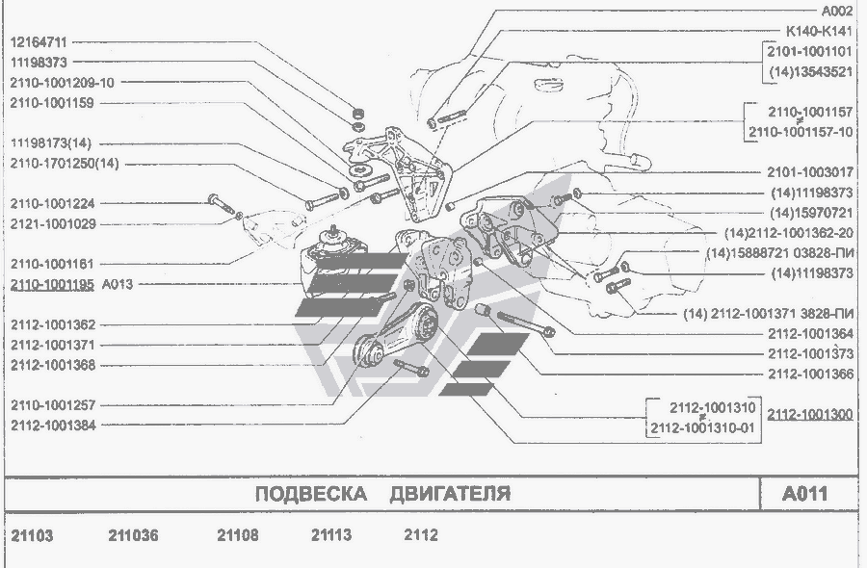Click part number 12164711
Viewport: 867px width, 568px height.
coord(39,42)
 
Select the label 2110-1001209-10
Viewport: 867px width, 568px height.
coord(62,83)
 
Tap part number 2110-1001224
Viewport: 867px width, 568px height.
coord(53,204)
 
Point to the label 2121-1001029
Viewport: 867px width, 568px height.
coord(53,224)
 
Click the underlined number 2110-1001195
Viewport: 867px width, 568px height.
coord(52,285)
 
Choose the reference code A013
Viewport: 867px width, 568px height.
coord(118,285)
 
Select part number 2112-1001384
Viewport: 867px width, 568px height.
coord(53,426)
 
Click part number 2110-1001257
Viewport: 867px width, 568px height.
coord(53,405)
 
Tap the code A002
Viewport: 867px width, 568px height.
coord(837,11)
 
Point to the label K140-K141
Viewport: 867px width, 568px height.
coord(819,31)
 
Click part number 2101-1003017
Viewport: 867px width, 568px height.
coord(810,172)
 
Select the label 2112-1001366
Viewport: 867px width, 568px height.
coord(810,374)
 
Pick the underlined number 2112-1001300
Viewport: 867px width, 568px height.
coord(810,414)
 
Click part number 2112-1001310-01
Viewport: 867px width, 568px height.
coord(702,428)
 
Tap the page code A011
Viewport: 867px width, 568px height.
coord(805,494)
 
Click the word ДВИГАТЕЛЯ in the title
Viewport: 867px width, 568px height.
coord(450,494)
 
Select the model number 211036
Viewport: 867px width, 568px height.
coord(133,535)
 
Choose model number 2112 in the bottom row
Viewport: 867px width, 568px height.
coord(421,535)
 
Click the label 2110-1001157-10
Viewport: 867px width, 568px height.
coord(801,133)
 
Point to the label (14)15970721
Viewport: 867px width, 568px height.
coord(812,213)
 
